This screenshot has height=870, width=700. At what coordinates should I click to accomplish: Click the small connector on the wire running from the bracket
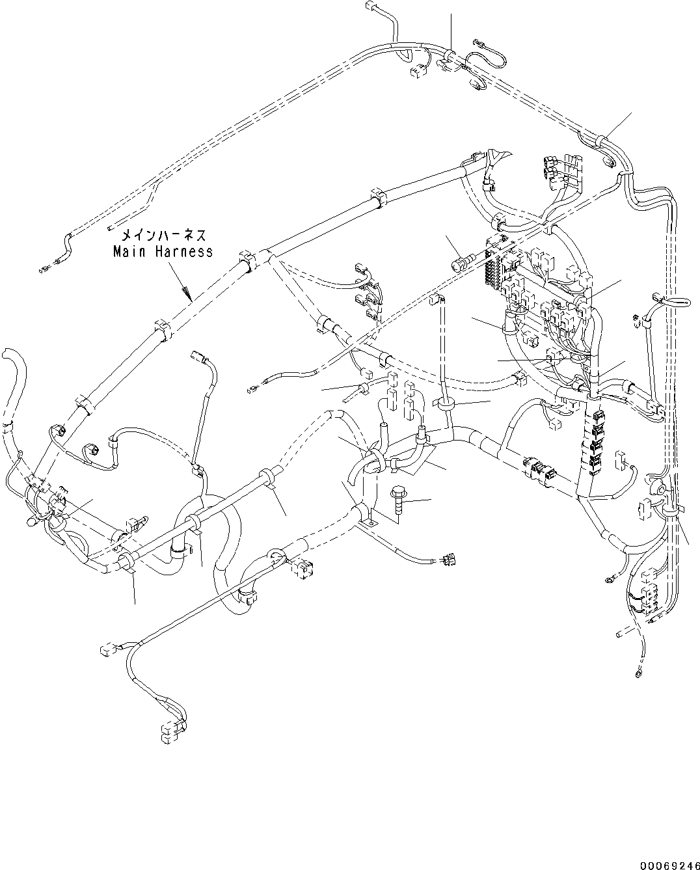click(x=448, y=559)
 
